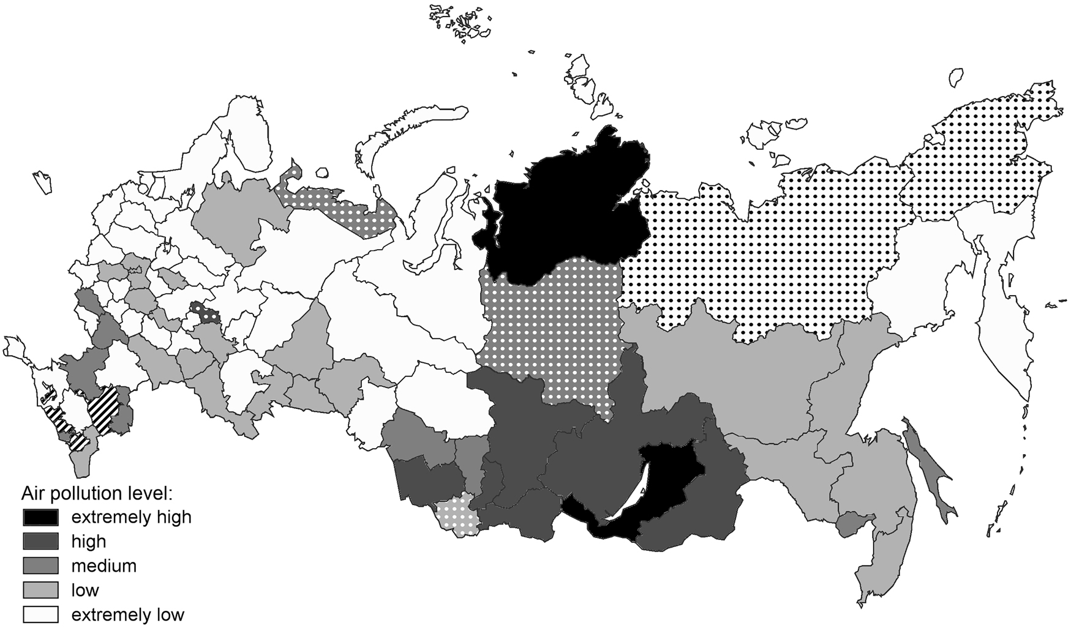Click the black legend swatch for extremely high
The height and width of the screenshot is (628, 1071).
pos(40,517)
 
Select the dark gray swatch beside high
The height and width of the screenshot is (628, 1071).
pos(40,542)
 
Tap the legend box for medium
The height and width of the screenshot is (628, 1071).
pos(40,566)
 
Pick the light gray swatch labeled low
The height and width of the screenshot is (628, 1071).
pos(40,590)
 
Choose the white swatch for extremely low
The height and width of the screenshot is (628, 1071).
pos(40,615)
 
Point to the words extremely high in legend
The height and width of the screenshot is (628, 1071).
pos(131,517)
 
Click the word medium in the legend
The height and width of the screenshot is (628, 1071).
pos(103,566)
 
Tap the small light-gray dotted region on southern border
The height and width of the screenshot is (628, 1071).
pos(455,516)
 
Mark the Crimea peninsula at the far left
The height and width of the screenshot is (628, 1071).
pos(13,348)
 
